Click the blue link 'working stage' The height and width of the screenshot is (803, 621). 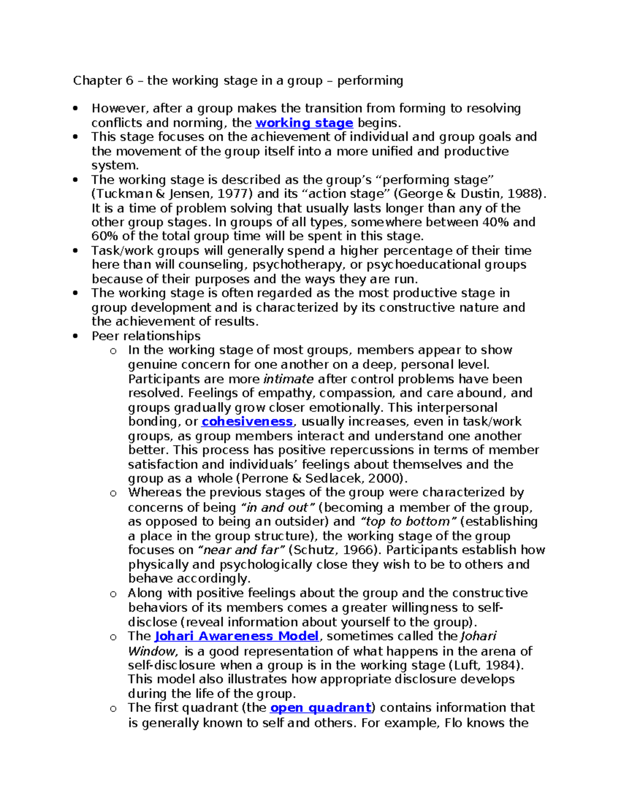tap(304, 123)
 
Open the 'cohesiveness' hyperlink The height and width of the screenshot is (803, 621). tap(247, 421)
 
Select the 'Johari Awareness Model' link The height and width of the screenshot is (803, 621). tap(236, 636)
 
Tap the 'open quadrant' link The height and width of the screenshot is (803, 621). tap(321, 707)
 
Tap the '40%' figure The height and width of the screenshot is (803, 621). tap(495, 222)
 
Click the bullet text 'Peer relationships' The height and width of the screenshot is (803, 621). tap(146, 336)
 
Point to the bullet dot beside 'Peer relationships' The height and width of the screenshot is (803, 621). tap(76, 336)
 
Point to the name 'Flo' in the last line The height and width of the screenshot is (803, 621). tap(454, 722)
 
